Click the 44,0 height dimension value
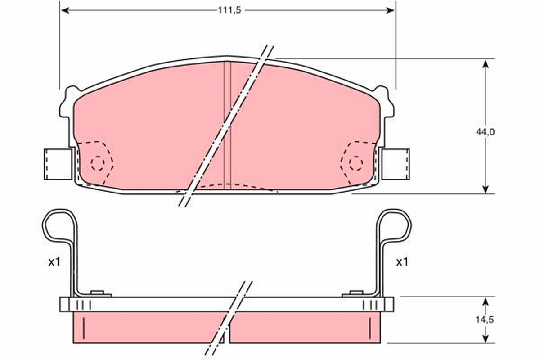(x=486, y=132)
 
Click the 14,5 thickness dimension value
(x=486, y=320)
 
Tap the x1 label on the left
(x=54, y=262)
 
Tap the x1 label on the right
(x=402, y=262)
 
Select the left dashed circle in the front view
(x=97, y=163)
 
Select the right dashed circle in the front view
(x=356, y=163)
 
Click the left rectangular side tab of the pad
(x=58, y=164)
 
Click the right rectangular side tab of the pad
(x=396, y=164)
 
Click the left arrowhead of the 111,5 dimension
(x=65, y=10)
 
